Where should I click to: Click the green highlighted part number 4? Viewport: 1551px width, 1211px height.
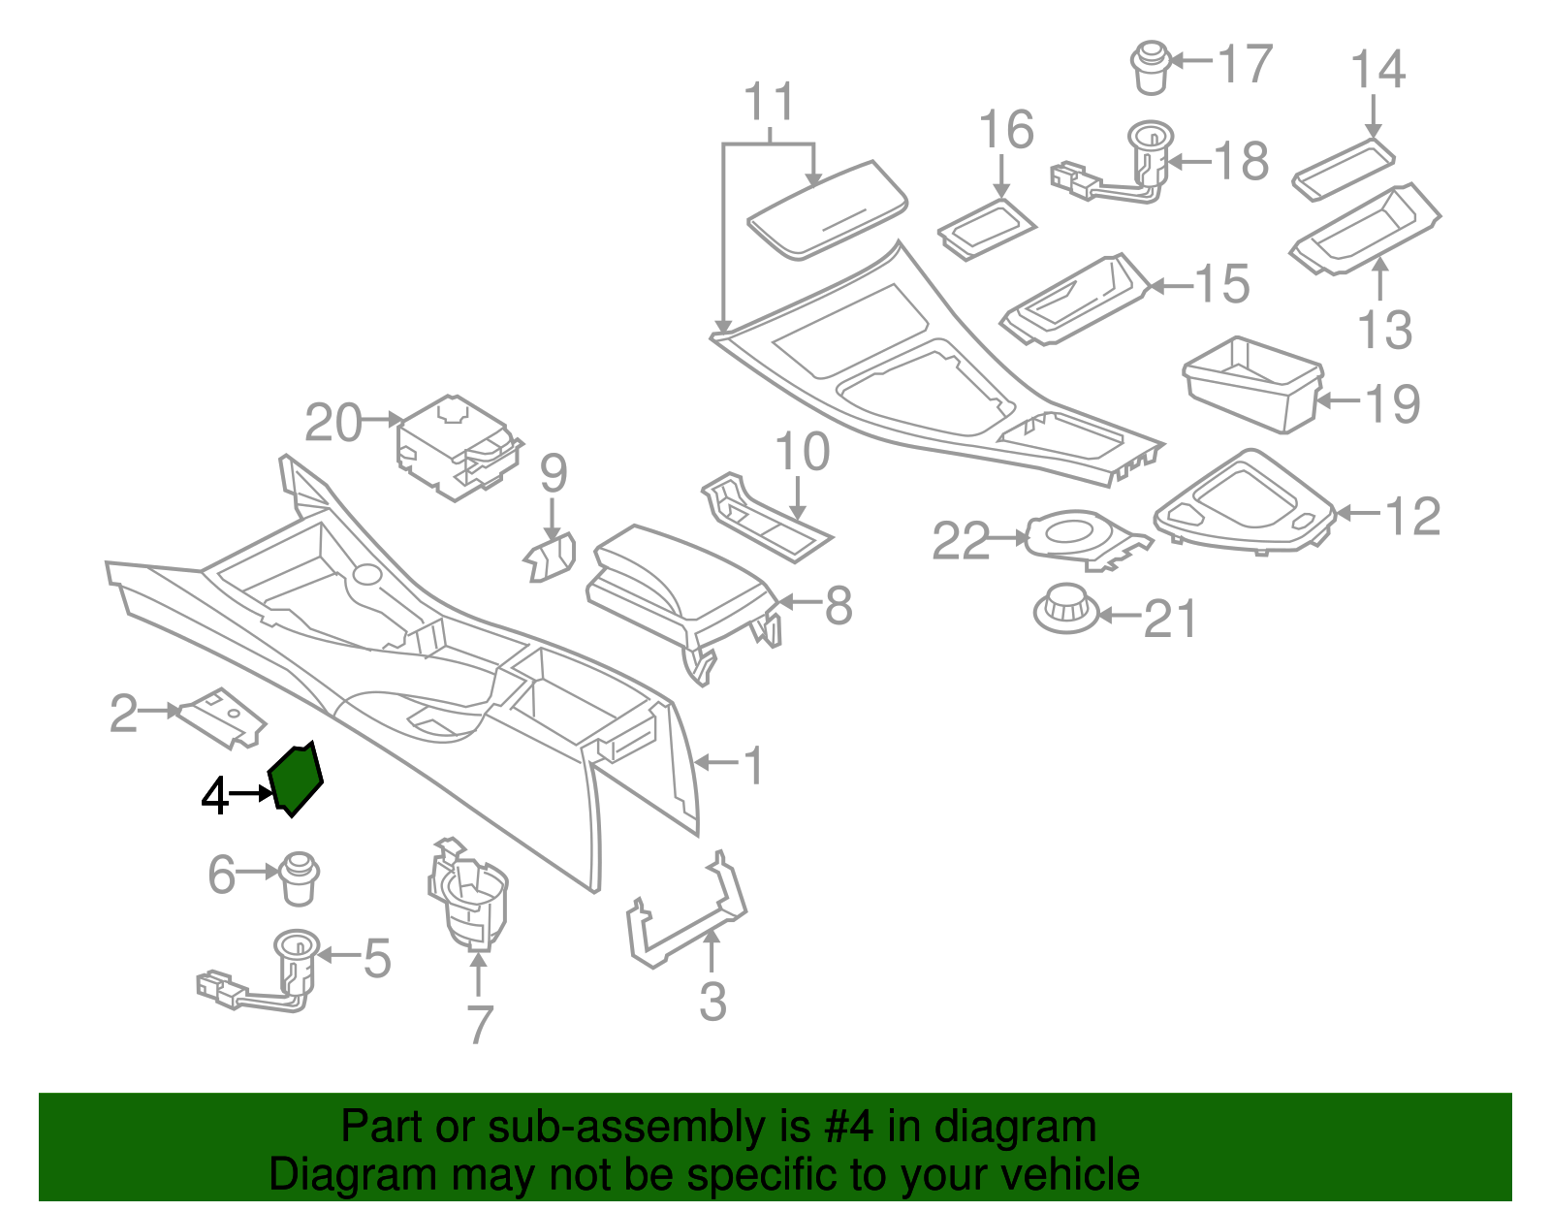(296, 778)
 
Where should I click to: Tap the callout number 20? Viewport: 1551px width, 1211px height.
(332, 424)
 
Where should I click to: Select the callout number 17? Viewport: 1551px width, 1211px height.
(1245, 64)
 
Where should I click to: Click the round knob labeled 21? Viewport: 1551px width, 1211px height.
(1066, 609)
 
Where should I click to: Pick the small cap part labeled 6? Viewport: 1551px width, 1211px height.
(300, 877)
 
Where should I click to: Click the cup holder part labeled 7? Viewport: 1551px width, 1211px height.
(468, 897)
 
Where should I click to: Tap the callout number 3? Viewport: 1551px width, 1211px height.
(712, 1002)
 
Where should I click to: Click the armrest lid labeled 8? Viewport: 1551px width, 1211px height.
(679, 582)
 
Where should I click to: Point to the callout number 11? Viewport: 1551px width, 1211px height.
(771, 102)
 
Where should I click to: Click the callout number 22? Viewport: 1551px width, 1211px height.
(961, 541)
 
